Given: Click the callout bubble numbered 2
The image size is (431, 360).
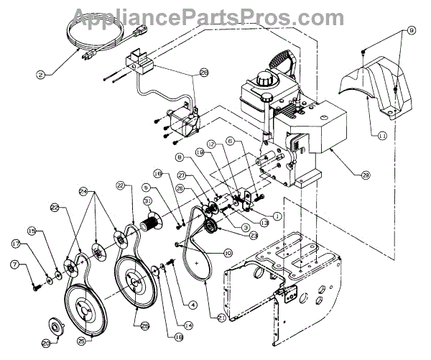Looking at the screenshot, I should click(x=42, y=73).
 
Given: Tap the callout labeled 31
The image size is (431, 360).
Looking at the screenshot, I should click(x=147, y=200).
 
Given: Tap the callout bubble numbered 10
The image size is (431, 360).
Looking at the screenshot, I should click(x=227, y=252).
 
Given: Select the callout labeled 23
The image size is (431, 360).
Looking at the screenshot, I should click(x=253, y=235).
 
